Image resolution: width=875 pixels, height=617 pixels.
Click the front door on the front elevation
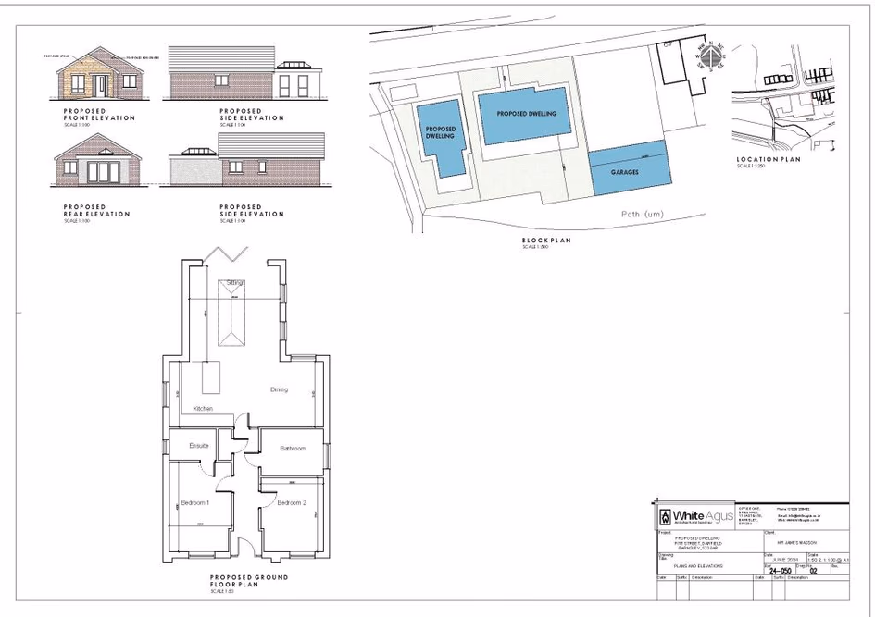click(99, 85)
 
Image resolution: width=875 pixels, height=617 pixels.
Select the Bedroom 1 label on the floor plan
click(195, 502)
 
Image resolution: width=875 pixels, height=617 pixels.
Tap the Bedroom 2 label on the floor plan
click(291, 502)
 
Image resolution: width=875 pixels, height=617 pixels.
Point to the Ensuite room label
click(199, 446)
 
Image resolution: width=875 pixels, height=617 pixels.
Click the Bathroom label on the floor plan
click(293, 449)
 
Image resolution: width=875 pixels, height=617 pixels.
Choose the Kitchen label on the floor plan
click(203, 408)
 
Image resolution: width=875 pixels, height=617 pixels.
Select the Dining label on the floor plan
click(279, 389)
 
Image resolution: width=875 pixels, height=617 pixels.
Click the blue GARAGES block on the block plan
click(628, 171)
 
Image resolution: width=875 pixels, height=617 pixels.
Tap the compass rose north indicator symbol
click(710, 57)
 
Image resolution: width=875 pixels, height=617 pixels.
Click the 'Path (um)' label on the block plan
click(643, 214)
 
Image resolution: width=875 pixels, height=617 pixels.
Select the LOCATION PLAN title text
click(769, 159)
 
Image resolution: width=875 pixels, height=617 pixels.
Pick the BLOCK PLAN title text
click(546, 241)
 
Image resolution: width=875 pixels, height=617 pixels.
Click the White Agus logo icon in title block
click(665, 516)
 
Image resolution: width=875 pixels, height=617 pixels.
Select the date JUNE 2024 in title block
click(785, 560)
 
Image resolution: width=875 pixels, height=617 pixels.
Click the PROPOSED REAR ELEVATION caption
click(97, 211)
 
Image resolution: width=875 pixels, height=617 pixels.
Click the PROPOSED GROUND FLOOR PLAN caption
click(249, 581)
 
